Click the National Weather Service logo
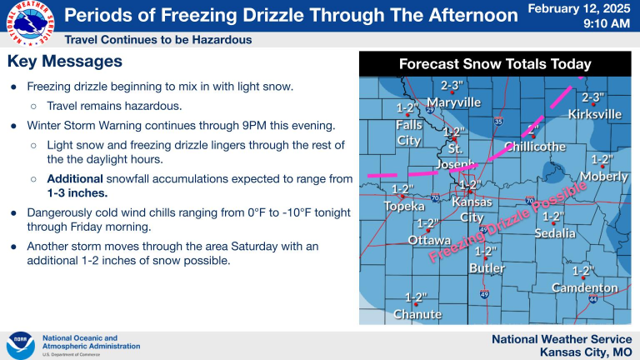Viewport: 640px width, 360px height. tap(31, 23)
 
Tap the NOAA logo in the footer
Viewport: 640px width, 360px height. tap(20, 346)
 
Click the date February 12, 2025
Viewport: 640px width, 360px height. tap(579, 8)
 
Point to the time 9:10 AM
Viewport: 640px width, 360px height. tap(607, 23)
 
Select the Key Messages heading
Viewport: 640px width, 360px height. tap(65, 61)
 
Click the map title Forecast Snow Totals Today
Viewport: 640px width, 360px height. tap(495, 64)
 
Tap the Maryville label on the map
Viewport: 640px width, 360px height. tap(454, 102)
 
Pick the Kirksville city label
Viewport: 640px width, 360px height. tap(595, 114)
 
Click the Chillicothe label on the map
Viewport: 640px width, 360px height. tap(535, 147)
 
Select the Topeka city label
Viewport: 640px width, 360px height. tap(404, 206)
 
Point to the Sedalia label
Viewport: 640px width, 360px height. tap(555, 233)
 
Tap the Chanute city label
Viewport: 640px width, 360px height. tap(417, 314)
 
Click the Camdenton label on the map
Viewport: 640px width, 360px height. tap(585, 287)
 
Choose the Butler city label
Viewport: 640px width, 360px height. tap(487, 268)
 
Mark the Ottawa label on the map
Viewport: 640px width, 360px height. tap(429, 240)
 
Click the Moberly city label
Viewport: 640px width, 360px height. tap(604, 177)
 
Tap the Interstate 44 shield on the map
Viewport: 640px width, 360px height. tap(593, 299)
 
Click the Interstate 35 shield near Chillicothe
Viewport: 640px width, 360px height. tap(498, 121)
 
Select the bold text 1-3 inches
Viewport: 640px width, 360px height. tap(77, 193)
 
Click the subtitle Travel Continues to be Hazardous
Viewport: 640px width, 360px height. tap(158, 40)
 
